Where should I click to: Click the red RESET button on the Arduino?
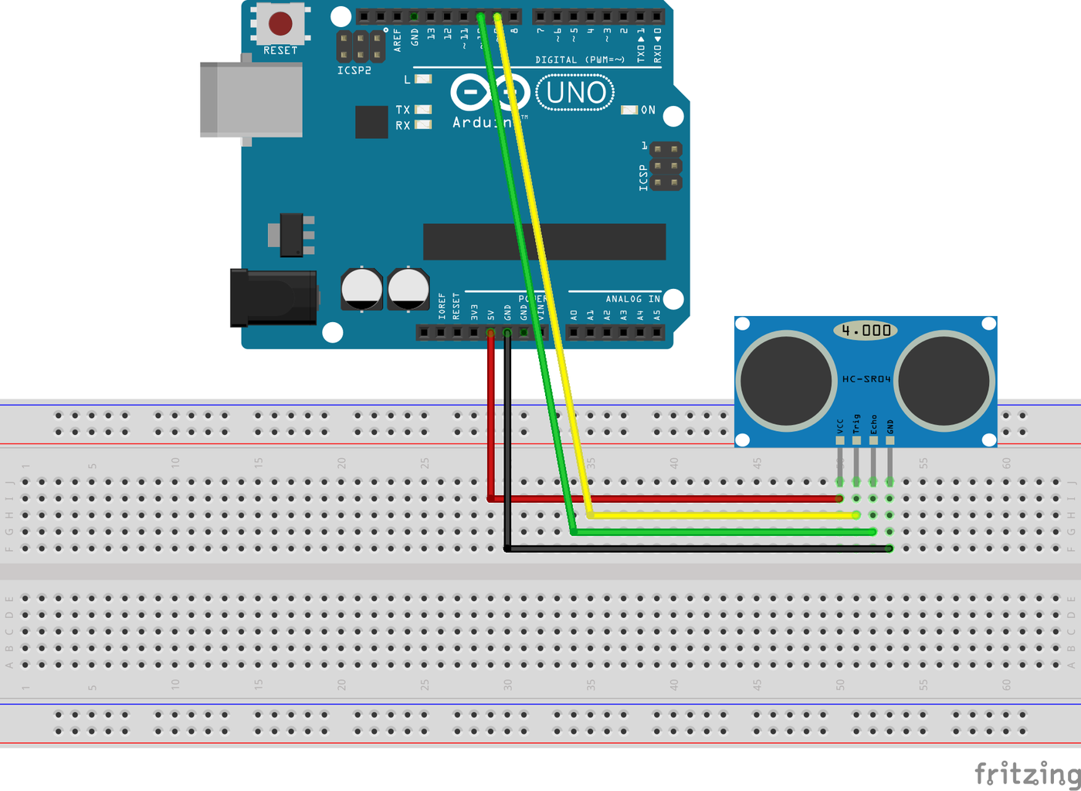[280, 24]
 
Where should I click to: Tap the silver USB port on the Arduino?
[251, 100]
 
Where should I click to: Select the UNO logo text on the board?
[575, 93]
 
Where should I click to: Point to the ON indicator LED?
[629, 110]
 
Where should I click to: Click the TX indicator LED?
[423, 110]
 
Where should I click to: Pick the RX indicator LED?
[423, 124]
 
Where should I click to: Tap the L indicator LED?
[423, 79]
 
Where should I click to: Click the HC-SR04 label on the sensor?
[866, 379]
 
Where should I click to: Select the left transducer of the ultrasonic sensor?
[786, 380]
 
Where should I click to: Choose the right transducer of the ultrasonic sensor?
[944, 380]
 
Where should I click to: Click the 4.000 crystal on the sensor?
[866, 331]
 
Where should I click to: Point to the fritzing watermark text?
[1027, 772]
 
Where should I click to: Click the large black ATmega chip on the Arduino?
[544, 242]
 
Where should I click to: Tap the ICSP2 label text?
[354, 70]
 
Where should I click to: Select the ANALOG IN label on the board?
[632, 299]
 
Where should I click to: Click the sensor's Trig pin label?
[856, 423]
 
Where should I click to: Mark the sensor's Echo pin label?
[873, 423]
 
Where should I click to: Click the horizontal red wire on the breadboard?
[664, 499]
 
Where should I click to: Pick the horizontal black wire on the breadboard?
[695, 548]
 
